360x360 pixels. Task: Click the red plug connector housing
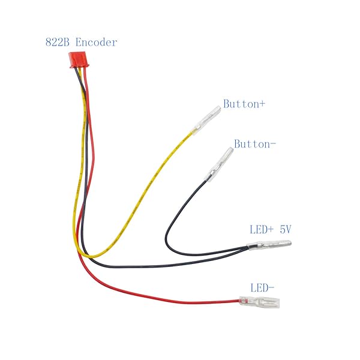click(x=79, y=60)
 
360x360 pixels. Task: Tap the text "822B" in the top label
click(x=58, y=42)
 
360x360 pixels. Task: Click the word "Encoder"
click(x=96, y=42)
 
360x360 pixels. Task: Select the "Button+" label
click(x=244, y=104)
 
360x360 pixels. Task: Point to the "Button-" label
click(x=254, y=144)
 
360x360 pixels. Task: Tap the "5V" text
click(x=286, y=229)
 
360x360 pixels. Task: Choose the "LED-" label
click(x=262, y=288)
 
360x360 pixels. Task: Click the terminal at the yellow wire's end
click(x=206, y=121)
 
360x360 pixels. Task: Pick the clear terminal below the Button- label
click(x=219, y=164)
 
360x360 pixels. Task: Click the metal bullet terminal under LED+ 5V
click(x=269, y=245)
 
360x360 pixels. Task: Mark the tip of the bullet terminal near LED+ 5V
click(x=291, y=243)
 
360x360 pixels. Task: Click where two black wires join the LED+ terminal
click(x=248, y=247)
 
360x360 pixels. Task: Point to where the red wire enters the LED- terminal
click(x=239, y=301)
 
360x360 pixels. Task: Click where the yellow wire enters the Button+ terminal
click(x=193, y=133)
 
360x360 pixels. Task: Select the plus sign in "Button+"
click(x=262, y=104)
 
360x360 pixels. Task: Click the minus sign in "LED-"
click(x=271, y=287)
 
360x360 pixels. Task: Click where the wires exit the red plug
click(x=80, y=68)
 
